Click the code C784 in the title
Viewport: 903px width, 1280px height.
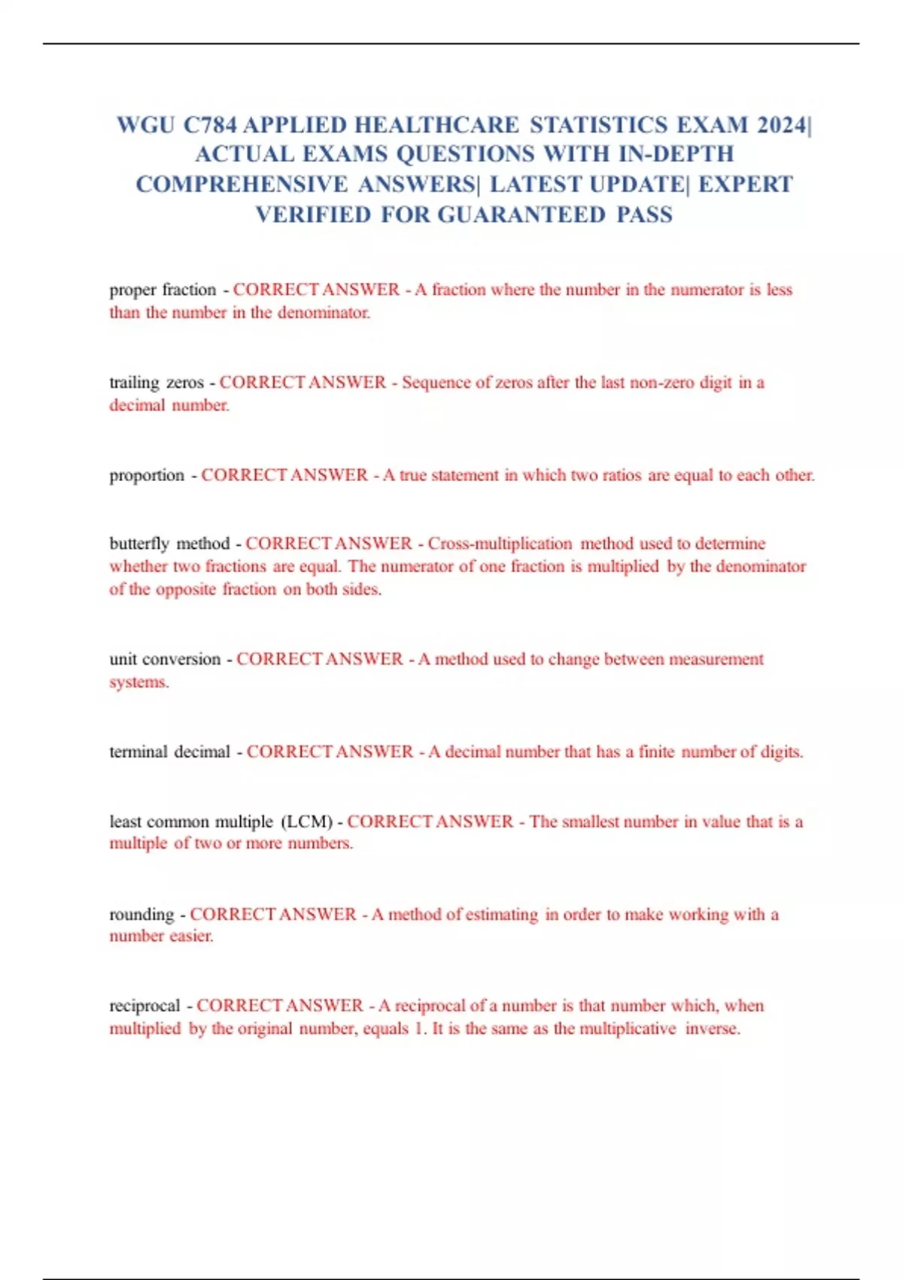210,125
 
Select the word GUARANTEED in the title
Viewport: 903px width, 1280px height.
521,215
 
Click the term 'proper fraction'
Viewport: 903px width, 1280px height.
163,290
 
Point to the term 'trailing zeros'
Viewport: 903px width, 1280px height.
157,382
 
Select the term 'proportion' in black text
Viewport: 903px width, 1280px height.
147,476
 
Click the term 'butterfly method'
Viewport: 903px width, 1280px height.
169,544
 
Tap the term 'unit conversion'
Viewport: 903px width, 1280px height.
165,660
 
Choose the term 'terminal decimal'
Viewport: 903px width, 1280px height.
169,752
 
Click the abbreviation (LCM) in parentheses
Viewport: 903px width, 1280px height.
306,821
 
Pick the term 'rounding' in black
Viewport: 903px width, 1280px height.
141,915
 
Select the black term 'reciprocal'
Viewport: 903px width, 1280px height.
144,1006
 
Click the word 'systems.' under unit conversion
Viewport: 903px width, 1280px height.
139,682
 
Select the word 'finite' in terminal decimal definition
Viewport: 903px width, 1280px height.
656,752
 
